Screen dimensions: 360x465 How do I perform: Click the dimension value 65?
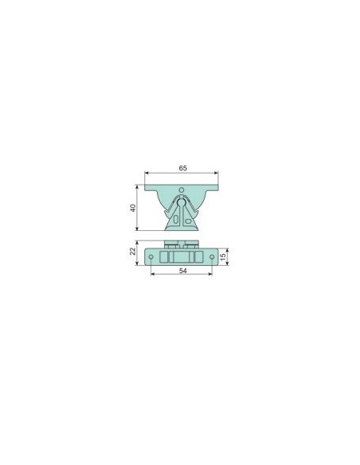click(183, 168)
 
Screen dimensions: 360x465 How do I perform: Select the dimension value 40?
click(134, 208)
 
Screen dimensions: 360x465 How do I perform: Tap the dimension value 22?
click(134, 251)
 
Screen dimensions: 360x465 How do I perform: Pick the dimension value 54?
click(183, 271)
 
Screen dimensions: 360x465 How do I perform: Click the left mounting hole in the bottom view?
click(151, 257)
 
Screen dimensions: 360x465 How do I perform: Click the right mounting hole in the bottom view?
click(212, 257)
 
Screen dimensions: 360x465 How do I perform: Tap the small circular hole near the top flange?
click(182, 190)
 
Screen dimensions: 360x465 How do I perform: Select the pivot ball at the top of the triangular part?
click(181, 202)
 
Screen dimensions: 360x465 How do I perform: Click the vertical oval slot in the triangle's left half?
click(175, 220)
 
